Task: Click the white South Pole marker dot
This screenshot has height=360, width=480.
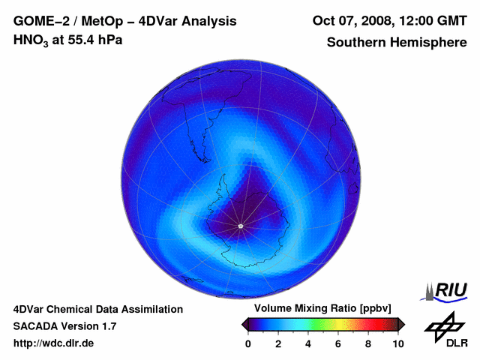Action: tap(240, 226)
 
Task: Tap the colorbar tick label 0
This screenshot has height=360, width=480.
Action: tap(248, 343)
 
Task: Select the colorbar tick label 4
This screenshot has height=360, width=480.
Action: tap(308, 343)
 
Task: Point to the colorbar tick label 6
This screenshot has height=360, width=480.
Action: tap(338, 343)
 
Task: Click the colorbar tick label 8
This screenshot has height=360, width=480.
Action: tap(368, 343)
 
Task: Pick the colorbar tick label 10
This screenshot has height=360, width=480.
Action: tap(397, 343)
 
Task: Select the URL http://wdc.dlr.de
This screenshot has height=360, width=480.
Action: tap(54, 343)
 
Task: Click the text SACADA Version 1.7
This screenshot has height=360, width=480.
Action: tap(64, 326)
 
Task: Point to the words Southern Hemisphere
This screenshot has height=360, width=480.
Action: tap(396, 42)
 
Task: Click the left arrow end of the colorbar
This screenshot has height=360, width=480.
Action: tap(244, 324)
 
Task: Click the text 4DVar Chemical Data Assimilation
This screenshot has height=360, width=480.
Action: tap(98, 309)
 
